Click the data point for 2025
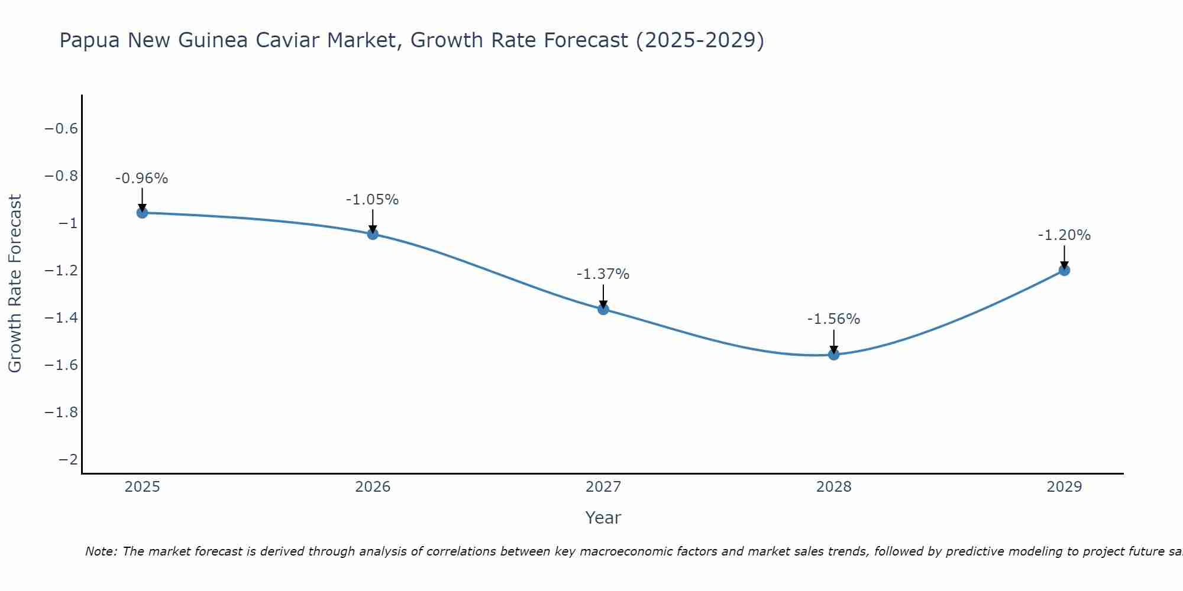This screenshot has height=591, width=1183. [142, 213]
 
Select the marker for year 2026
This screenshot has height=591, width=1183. [373, 234]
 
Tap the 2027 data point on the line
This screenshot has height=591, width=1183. [603, 309]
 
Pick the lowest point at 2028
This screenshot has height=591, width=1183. [834, 355]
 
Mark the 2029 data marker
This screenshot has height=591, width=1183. [1064, 270]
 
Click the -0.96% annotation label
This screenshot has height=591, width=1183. [142, 178]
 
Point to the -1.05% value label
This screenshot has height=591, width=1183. [373, 200]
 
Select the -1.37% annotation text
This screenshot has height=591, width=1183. [603, 274]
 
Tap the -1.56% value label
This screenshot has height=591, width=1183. [834, 319]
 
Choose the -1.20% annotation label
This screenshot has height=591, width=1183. [1064, 235]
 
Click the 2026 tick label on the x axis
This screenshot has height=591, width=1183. [373, 487]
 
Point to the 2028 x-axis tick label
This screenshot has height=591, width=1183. [834, 487]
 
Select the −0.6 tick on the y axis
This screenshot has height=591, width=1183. [62, 129]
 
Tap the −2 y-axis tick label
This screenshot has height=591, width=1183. [68, 460]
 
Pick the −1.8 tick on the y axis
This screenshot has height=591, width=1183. [62, 413]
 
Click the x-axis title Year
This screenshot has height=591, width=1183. [603, 518]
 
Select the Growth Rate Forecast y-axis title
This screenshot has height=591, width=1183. [15, 284]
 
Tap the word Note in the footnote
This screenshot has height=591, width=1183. [101, 551]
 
